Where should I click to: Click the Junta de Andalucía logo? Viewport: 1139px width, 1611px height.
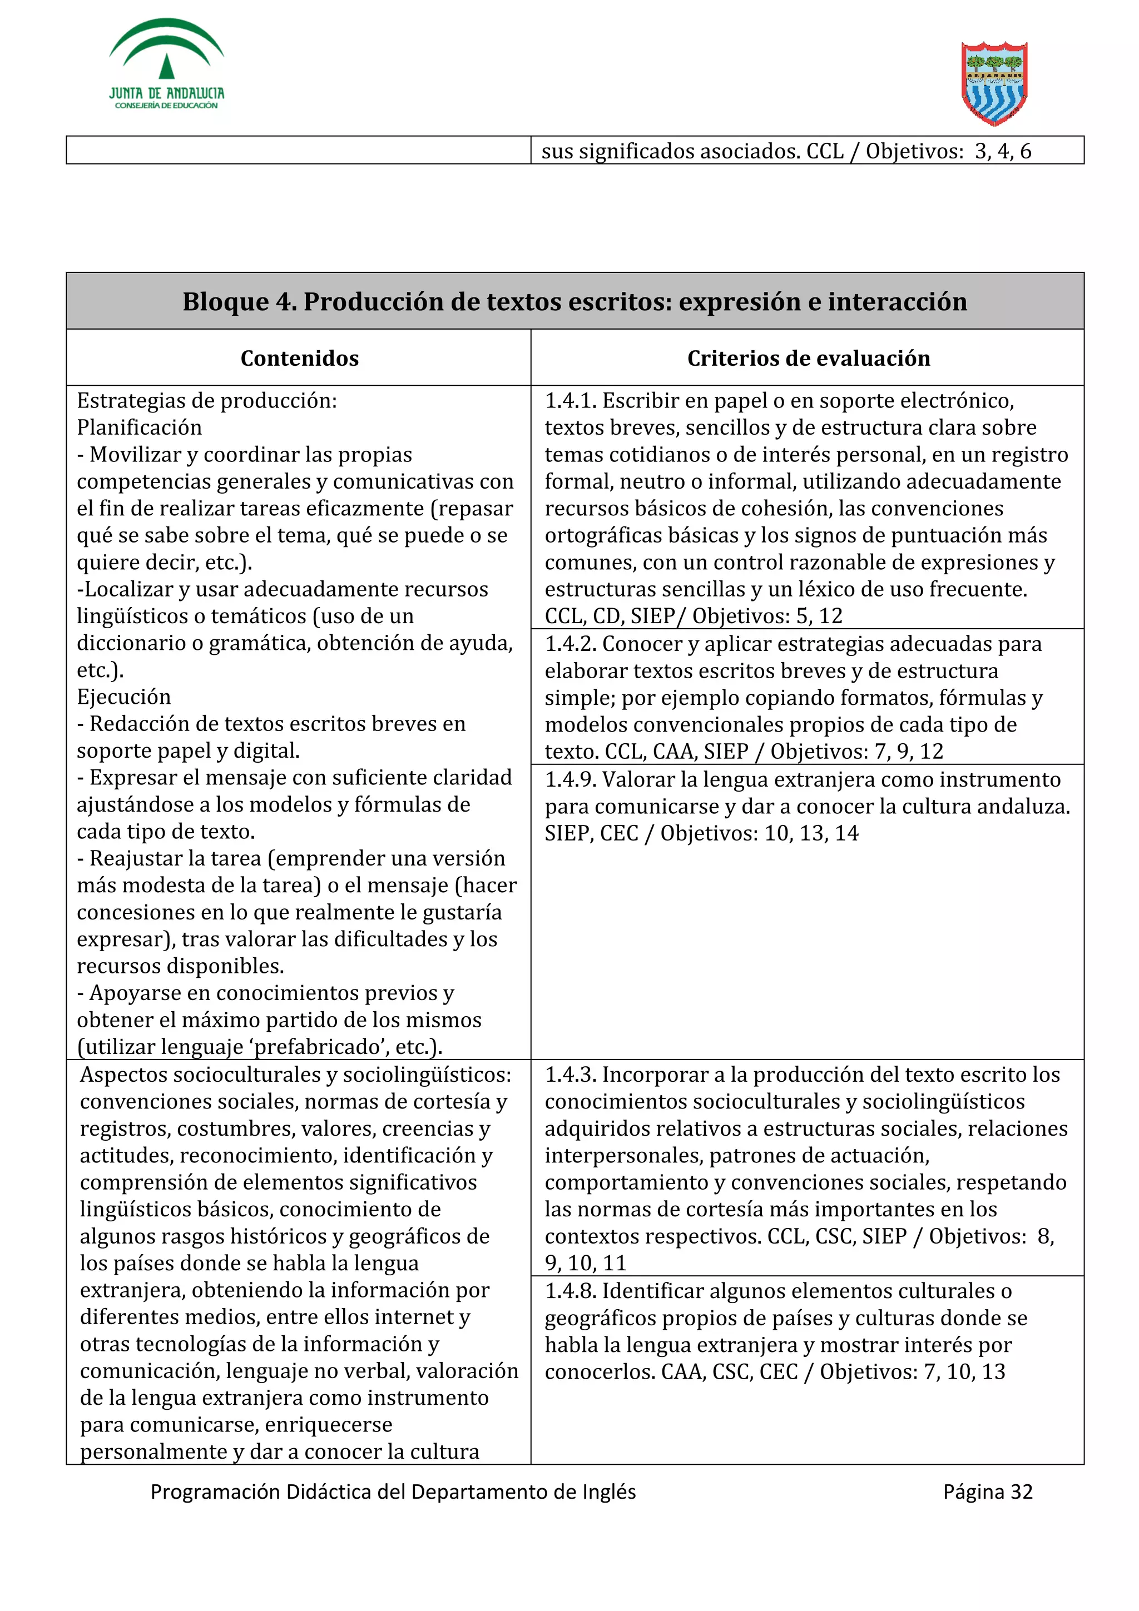coord(166,64)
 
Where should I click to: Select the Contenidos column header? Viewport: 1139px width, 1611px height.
coord(299,358)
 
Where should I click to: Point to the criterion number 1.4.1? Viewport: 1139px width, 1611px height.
coord(570,401)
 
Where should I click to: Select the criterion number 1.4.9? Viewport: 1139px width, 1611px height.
coord(570,779)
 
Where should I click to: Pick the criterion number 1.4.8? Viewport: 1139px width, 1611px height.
coord(570,1290)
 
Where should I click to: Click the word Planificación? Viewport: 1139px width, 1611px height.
coord(139,427)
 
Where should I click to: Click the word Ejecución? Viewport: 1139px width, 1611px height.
coord(123,697)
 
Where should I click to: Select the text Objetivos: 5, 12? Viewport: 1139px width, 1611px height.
coord(767,616)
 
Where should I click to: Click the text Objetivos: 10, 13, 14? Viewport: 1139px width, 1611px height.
coord(759,833)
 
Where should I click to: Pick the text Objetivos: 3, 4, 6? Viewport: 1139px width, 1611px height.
coord(948,151)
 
